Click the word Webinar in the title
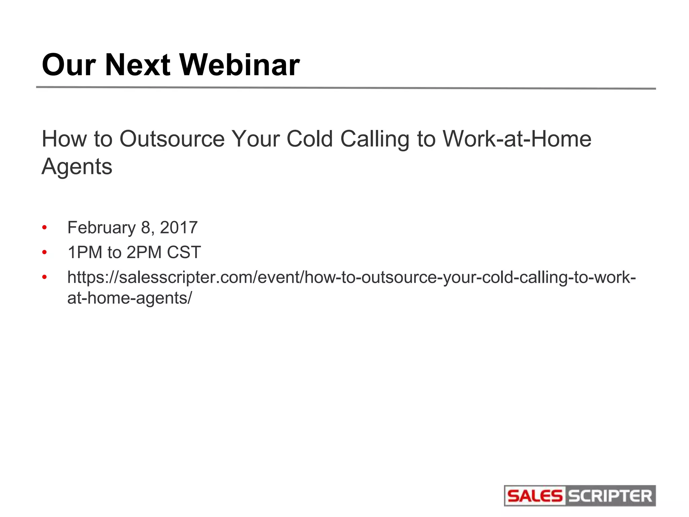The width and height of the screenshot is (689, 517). coord(240,65)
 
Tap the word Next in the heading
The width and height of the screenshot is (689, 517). coord(137,65)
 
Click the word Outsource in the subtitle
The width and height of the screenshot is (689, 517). coord(172,139)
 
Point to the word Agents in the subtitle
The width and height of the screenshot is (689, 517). coord(77,167)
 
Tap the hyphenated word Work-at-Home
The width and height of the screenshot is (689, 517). coord(517,139)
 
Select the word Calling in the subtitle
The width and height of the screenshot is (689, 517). coord(374,139)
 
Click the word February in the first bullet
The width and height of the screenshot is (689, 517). coord(101,228)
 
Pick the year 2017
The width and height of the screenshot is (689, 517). coord(179,228)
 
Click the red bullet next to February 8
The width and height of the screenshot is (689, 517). coord(44,228)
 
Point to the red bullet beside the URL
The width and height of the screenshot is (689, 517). coord(44,278)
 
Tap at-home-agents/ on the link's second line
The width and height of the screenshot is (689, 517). coord(130,298)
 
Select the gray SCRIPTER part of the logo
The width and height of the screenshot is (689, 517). coord(610,496)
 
